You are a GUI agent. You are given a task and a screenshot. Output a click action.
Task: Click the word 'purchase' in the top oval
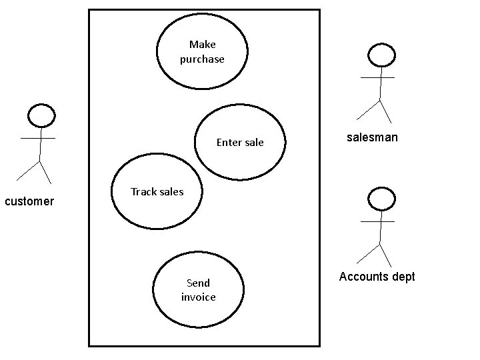coord(202,59)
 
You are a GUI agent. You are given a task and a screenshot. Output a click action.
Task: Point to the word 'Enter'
coord(227,142)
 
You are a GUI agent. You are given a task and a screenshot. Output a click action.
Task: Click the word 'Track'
coord(143,191)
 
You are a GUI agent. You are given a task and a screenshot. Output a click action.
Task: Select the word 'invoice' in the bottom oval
coord(199,297)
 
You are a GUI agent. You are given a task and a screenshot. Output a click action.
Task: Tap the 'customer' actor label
coord(29,201)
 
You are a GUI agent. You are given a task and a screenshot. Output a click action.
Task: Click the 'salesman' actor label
coord(372,137)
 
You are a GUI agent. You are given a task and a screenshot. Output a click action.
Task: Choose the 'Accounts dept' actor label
coord(377,277)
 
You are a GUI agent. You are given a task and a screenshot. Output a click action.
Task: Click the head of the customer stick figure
coord(41,116)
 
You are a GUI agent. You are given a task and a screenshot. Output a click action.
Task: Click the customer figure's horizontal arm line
coord(38,138)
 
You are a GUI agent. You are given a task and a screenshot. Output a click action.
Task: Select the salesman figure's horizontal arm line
coord(377,77)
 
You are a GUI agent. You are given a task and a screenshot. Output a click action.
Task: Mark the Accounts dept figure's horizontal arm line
coord(377,221)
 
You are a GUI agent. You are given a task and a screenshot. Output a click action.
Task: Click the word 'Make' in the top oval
coord(202,45)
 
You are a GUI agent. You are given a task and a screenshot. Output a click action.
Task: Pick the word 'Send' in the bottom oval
coord(198,283)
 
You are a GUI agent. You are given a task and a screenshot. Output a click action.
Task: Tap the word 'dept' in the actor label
coord(401,277)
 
